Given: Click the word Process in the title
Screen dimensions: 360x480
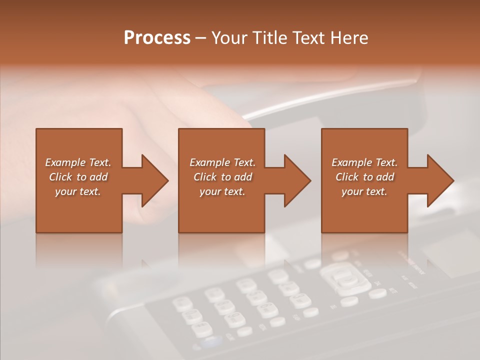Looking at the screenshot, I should (157, 38).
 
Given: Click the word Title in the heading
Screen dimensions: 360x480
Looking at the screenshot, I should (265, 38).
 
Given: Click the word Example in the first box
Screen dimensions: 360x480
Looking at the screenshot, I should (65, 162).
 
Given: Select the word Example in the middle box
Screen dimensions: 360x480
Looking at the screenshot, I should (209, 162).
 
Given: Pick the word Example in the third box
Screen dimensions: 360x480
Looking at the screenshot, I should (351, 162).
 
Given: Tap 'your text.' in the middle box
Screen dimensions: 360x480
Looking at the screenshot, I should (222, 191).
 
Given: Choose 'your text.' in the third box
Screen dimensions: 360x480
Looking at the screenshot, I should (364, 191).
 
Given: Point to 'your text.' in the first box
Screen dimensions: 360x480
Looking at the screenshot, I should (77, 191).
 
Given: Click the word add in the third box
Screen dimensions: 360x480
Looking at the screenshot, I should (385, 177).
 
